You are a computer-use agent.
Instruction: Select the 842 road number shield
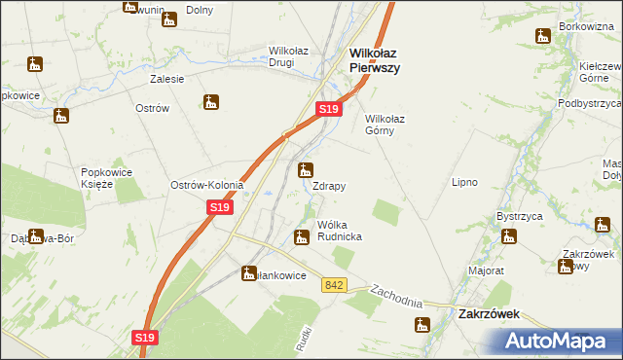336,284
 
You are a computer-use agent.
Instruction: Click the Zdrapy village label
329,185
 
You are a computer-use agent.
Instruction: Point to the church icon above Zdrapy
306,169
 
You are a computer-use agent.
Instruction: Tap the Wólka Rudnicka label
333,231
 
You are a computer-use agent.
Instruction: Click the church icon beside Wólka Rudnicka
302,235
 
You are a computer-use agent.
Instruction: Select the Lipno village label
465,182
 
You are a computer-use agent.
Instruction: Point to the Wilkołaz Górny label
391,125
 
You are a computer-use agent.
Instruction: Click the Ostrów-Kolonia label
206,185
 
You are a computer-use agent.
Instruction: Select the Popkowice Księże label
113,178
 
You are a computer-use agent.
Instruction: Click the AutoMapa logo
559,342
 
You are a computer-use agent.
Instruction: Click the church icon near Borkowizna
543,36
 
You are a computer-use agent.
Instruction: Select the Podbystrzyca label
589,102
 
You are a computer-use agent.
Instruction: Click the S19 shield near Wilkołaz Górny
330,110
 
